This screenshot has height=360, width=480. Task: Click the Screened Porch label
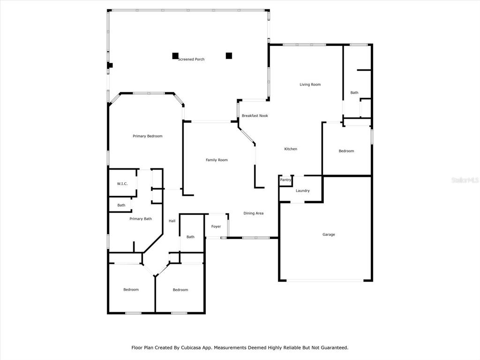point(191,60)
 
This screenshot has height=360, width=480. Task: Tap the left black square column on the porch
point(175,56)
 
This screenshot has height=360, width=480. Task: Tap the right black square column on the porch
point(229,56)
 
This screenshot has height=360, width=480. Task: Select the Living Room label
point(310,84)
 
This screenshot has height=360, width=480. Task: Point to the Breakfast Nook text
point(255,116)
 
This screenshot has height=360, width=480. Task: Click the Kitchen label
point(291,149)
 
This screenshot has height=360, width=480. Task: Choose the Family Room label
point(217,160)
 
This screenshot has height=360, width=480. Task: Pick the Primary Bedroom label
point(147,136)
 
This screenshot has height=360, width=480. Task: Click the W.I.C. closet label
point(122,184)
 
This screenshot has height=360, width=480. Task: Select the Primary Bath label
point(141,219)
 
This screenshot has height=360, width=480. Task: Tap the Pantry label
point(285,180)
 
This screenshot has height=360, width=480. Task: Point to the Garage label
point(329,234)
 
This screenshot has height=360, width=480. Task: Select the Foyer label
point(216,227)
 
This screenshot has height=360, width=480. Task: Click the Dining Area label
point(253,213)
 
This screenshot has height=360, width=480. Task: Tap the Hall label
point(172,221)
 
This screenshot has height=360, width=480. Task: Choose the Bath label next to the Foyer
point(190,237)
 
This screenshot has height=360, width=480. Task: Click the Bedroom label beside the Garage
point(346,151)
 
